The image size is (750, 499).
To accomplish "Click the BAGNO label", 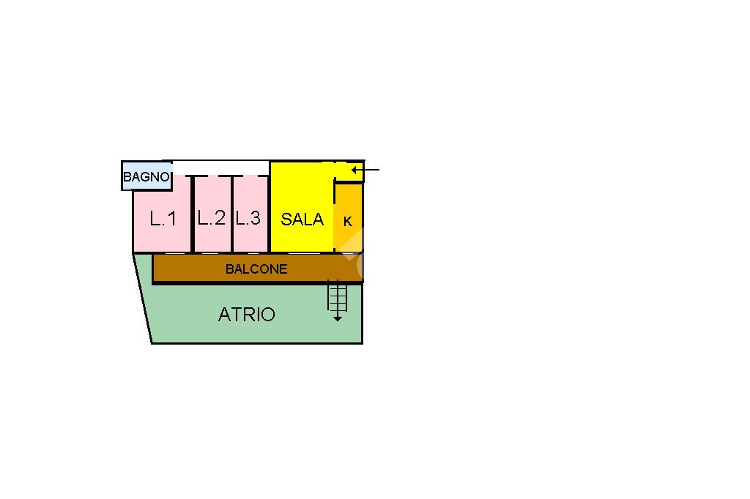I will tap(146, 177).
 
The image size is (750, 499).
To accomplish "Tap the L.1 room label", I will tap(163, 218).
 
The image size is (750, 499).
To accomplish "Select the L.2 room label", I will tap(211, 218).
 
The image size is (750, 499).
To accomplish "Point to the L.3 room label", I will tap(248, 218).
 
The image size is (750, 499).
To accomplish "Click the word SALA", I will tap(302, 219).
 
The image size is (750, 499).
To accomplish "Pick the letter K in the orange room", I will tap(348, 221).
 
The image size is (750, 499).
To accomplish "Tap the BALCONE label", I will tap(256, 269).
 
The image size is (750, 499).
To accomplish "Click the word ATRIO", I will tap(247, 315).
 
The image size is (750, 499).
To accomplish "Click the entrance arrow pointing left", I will tap(365, 170).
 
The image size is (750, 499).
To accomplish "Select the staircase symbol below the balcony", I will tap(337, 297).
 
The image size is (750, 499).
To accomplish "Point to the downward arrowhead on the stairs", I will tap(337, 318).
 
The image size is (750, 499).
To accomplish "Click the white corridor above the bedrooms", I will tap(220, 168).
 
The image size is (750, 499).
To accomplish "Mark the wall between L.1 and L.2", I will tap(192, 214).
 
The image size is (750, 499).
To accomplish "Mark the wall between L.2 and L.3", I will tap(232, 214).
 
